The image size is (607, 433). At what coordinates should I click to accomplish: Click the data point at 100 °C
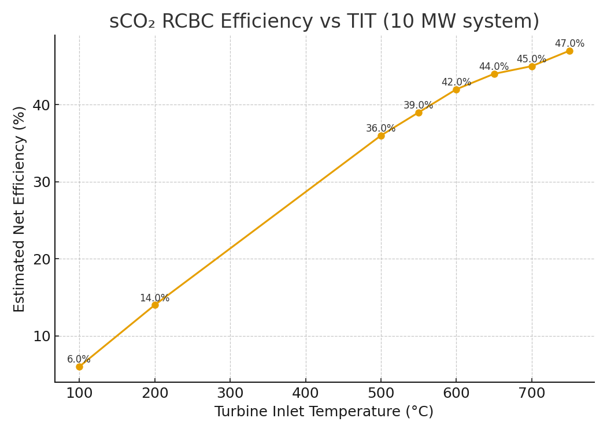[x=79, y=367]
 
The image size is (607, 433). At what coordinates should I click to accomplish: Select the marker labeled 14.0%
[x=155, y=305]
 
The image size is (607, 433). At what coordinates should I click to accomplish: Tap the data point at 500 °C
[x=381, y=136]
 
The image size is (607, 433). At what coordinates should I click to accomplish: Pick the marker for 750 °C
[x=569, y=51]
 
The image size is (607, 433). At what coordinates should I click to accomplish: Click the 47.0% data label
[x=569, y=44]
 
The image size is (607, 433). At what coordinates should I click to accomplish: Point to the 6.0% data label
[x=79, y=360]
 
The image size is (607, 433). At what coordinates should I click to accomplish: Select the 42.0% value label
[x=456, y=83]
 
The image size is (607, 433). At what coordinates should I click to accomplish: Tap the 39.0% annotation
[x=418, y=106]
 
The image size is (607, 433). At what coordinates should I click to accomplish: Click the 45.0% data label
[x=531, y=59]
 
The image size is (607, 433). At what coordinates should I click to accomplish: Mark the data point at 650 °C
[x=494, y=74]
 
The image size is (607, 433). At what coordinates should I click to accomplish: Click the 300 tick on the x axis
[x=230, y=394]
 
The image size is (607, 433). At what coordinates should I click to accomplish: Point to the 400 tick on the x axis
[x=305, y=394]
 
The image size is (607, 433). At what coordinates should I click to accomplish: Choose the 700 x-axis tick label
[x=532, y=394]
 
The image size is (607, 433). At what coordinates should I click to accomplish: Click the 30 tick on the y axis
[x=41, y=182]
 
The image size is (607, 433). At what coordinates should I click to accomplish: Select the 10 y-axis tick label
[x=41, y=337]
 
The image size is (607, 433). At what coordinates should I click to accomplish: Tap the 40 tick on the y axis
[x=41, y=105]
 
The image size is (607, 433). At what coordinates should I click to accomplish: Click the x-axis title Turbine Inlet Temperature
[x=324, y=412]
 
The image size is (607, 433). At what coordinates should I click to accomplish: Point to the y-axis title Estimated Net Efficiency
[x=20, y=209]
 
